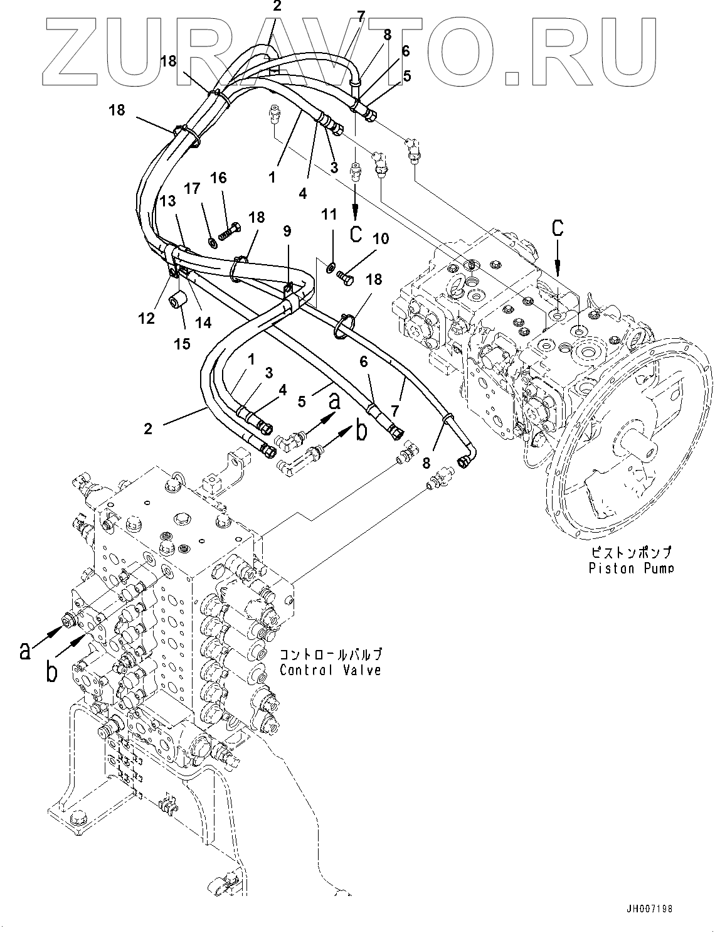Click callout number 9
point(287,231)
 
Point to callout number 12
point(147,319)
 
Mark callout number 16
point(218,179)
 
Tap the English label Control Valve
point(331,670)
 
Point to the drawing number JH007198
point(652,908)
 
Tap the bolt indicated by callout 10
point(346,274)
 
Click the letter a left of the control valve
point(24,651)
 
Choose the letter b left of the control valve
point(52,672)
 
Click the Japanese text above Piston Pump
point(630,553)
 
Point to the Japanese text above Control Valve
point(331,654)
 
